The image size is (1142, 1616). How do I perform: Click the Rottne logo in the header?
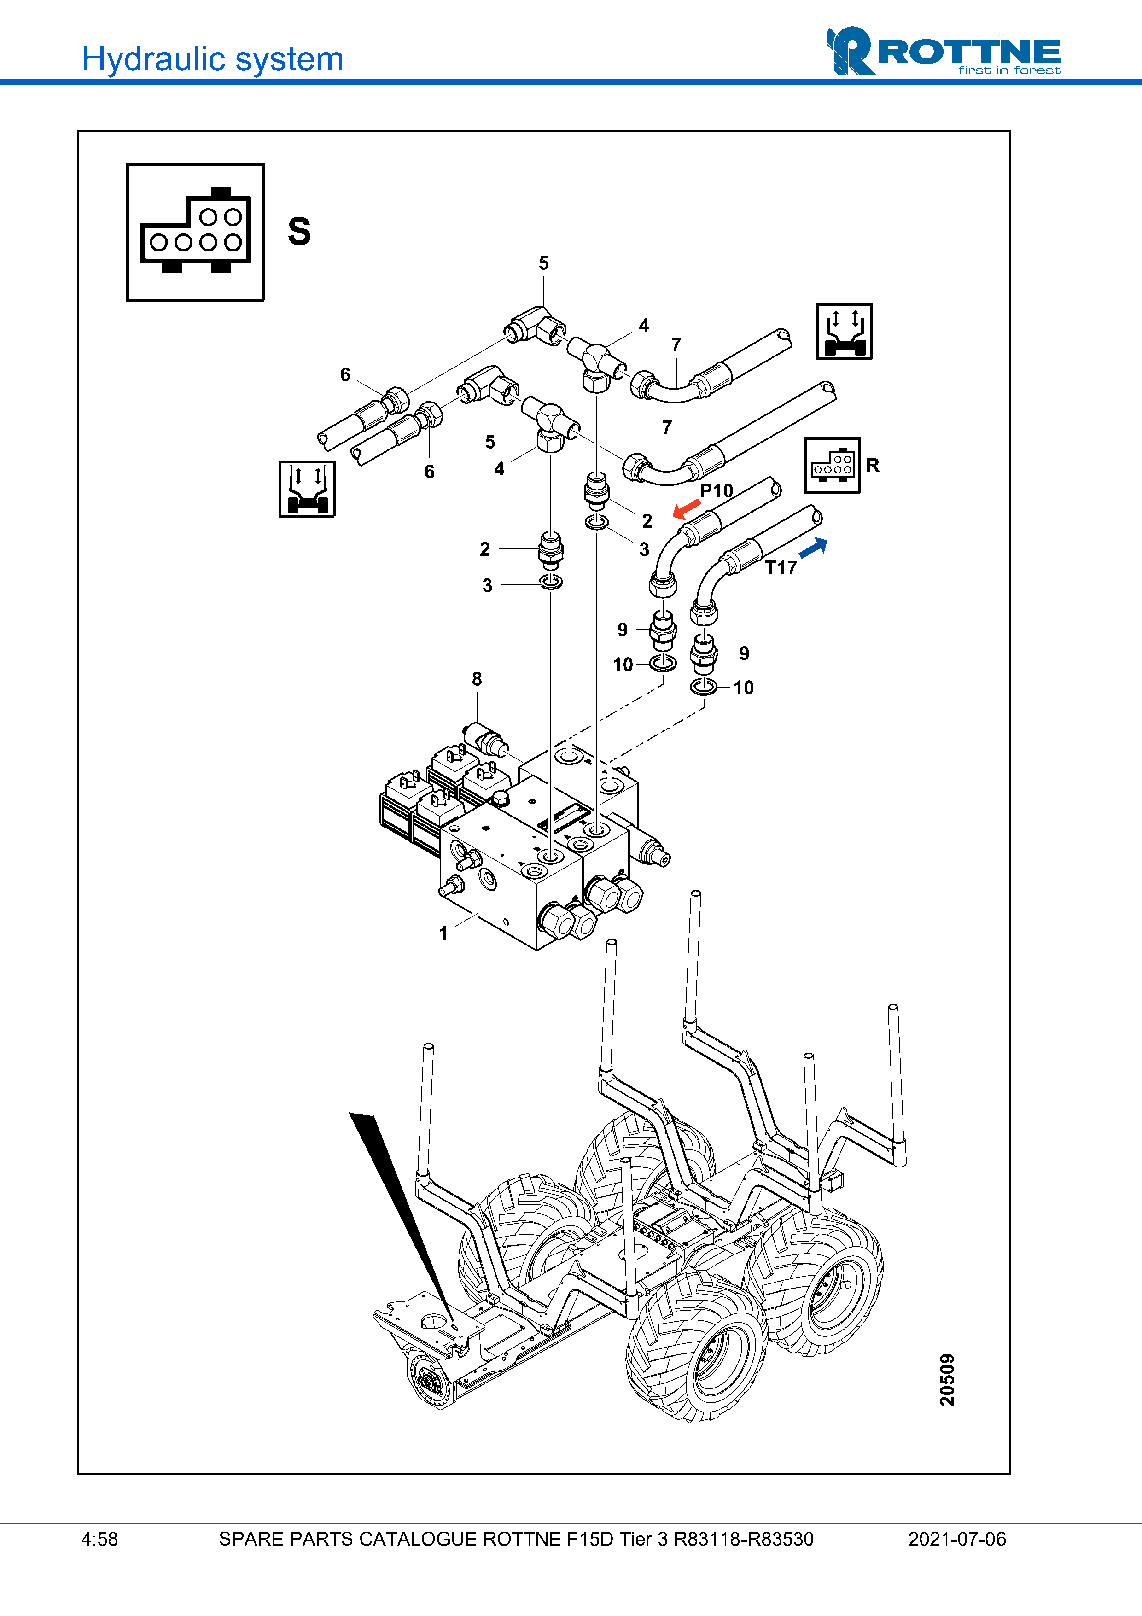point(943,52)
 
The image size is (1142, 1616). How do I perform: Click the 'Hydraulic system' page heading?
point(212,59)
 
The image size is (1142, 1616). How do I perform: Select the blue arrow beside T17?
point(813,548)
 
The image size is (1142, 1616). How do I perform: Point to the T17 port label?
point(781,568)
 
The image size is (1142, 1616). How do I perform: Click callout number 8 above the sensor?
point(477,679)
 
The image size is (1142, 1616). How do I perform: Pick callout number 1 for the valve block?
point(443,933)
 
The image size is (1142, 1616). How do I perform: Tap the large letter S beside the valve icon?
point(299,232)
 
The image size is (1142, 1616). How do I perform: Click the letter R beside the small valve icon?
point(873,465)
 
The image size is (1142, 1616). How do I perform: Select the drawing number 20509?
point(947,1379)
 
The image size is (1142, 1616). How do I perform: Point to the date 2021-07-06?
point(957,1539)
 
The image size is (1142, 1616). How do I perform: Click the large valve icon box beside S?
point(196,232)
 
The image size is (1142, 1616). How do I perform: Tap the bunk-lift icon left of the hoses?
point(307,489)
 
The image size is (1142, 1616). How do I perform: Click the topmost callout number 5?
point(543,263)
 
